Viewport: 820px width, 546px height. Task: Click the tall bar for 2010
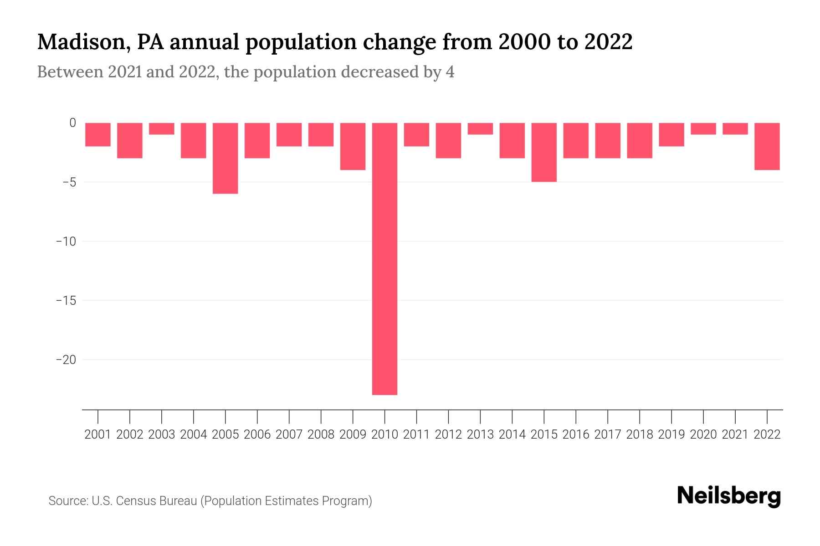[384, 258]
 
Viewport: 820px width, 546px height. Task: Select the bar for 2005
[225, 158]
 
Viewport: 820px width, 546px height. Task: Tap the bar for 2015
[544, 152]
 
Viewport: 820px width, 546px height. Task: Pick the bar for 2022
[767, 146]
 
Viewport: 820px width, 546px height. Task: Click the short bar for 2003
[162, 129]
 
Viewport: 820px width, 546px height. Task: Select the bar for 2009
[353, 146]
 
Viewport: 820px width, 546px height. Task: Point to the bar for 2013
[480, 129]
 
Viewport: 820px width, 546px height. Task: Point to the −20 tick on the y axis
[66, 360]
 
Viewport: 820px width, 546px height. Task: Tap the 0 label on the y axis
[72, 123]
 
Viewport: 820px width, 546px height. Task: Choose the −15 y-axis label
[66, 301]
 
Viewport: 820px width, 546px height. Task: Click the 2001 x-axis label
[98, 435]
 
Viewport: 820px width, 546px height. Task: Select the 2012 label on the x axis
[448, 435]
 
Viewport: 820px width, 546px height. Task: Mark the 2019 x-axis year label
[671, 435]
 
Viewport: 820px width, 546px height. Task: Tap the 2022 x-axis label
[767, 435]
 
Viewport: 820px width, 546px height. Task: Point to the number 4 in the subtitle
[450, 72]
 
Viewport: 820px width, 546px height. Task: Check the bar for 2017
[608, 140]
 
